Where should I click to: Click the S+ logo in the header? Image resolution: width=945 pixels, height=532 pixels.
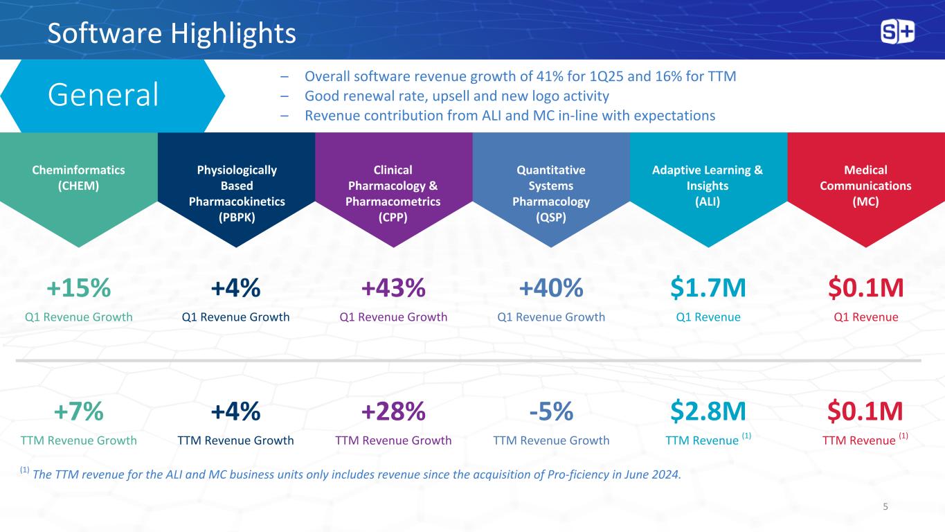pos(897,32)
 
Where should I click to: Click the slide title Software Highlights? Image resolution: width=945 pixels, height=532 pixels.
pos(172,33)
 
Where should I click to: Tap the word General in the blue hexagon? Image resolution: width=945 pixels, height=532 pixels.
pos(103,95)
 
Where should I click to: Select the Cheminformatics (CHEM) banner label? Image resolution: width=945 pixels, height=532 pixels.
pos(78,177)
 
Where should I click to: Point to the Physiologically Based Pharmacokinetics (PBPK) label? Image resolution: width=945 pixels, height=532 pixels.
pos(236,193)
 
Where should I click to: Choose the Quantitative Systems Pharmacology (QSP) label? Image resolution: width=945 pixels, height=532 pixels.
pos(550,193)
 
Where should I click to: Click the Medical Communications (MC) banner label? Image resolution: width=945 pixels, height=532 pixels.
pos(866,186)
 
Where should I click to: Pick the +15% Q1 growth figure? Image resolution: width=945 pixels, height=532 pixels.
pos(78,288)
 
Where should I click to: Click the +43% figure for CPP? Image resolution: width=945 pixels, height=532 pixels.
pos(393,288)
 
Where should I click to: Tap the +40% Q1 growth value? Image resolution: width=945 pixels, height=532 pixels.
pos(550,288)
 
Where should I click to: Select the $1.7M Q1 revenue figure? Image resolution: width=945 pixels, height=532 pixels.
pos(708,288)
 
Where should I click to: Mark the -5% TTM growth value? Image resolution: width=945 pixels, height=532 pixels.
pos(550,411)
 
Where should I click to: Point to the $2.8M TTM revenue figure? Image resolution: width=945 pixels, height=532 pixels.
pos(708,411)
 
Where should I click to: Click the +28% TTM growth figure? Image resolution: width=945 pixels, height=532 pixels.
pos(393,411)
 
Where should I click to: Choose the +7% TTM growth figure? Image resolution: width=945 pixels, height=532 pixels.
pos(78,411)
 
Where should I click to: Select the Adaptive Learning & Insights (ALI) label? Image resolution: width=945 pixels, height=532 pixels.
pos(708,186)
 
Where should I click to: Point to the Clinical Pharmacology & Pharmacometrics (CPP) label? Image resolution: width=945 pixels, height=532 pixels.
pos(393,193)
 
